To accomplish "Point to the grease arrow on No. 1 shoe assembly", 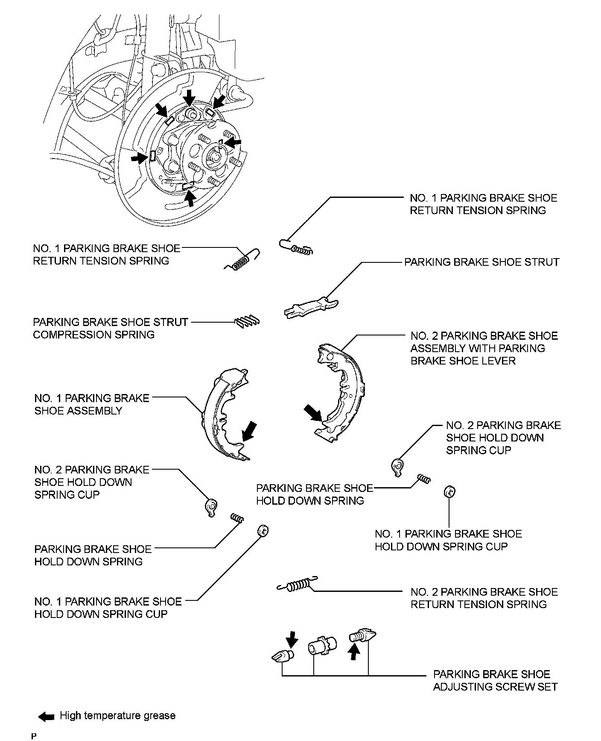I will point(249,431).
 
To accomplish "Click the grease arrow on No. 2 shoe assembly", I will point(312,414).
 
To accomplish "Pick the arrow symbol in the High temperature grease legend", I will point(46,717).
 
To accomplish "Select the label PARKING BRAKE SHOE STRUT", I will point(481,262).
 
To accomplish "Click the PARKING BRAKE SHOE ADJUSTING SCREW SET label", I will point(495,680).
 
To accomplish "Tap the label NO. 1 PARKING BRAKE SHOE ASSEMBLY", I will point(92,404).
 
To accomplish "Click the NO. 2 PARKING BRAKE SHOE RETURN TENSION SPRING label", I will point(484,598).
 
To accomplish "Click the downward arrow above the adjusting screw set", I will point(292,639).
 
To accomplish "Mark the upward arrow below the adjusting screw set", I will point(353,652).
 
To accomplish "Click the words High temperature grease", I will point(118,716).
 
